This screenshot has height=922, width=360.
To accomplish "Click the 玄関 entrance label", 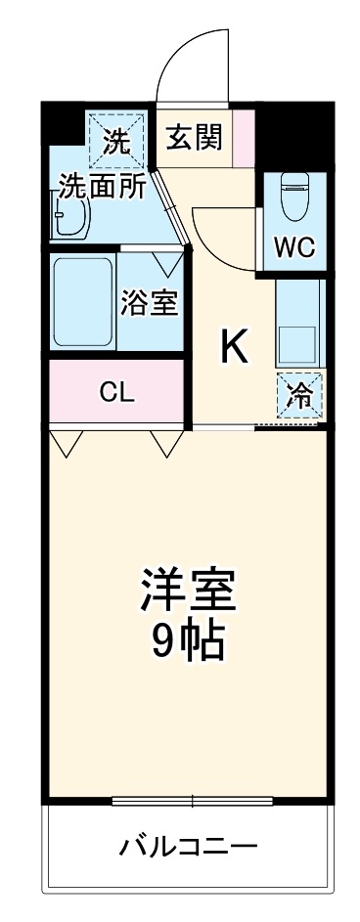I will coord(194,136).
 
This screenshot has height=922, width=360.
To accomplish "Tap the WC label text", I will coord(293,247).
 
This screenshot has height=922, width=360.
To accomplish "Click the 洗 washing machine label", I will coord(116,143).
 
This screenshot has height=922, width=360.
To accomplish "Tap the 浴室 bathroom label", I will coord(149,303).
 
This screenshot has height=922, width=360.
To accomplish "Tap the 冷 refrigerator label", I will coord(299,396).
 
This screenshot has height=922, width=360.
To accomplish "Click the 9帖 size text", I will coord(188,640).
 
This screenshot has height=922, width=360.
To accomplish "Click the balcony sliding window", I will coord(192,801).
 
